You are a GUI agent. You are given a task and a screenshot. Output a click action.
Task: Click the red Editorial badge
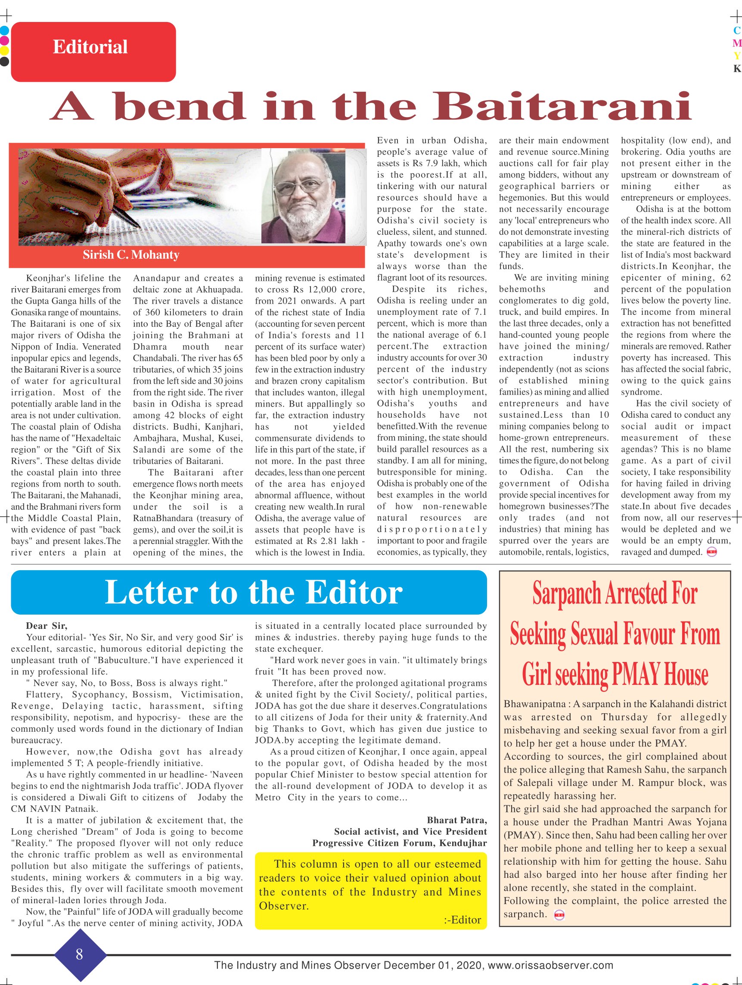click(x=93, y=52)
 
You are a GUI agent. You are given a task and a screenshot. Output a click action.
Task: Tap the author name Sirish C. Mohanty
click(x=131, y=255)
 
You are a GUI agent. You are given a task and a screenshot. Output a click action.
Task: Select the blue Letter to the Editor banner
click(x=248, y=592)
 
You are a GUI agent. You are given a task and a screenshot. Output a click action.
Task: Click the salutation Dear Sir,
click(x=47, y=626)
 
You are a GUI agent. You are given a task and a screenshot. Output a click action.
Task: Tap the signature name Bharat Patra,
click(x=456, y=820)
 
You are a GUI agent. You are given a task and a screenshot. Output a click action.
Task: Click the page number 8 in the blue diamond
click(x=79, y=954)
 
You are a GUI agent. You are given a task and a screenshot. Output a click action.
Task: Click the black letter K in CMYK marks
click(x=737, y=68)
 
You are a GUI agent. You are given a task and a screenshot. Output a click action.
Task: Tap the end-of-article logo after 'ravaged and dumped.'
click(x=712, y=553)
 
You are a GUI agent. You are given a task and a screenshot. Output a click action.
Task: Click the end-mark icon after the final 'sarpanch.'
click(x=559, y=916)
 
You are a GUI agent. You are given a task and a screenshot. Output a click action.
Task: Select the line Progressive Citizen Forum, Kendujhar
click(x=399, y=843)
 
